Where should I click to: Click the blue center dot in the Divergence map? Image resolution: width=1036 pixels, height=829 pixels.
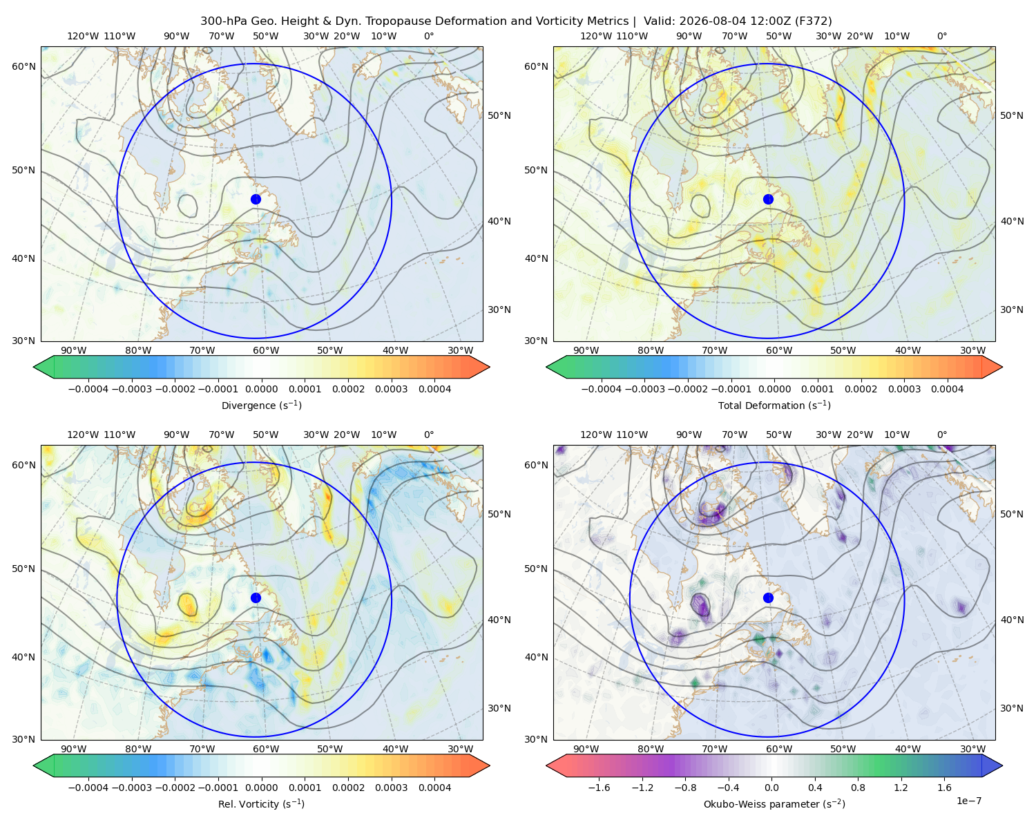(256, 200)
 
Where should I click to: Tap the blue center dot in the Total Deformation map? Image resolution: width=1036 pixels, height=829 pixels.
(768, 200)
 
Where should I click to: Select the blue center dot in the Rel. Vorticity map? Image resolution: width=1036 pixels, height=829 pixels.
(256, 598)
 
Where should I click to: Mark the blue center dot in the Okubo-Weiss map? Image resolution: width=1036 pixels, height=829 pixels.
(768, 598)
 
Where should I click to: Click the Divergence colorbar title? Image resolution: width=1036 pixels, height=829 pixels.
(261, 405)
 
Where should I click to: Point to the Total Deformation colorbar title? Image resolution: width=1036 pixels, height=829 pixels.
(774, 405)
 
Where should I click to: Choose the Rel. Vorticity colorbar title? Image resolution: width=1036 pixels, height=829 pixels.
(261, 804)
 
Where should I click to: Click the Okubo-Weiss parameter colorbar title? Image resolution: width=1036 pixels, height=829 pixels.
(774, 804)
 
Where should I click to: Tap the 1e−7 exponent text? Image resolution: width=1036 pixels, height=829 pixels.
(968, 801)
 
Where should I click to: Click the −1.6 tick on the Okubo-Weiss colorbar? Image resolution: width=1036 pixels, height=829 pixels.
(599, 788)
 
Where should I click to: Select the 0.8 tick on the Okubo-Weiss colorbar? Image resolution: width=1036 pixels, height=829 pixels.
(858, 788)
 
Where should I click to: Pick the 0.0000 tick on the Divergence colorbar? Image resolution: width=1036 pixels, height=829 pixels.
(261, 389)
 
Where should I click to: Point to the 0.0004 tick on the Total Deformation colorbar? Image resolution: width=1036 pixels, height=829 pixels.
(947, 389)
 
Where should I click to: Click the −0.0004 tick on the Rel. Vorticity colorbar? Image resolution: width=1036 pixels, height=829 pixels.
(88, 788)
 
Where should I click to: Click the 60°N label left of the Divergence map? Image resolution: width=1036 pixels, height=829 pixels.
(23, 66)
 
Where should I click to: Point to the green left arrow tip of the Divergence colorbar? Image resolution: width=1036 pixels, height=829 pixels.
(34, 367)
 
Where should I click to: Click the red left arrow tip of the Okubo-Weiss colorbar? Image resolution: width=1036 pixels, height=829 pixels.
(547, 765)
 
